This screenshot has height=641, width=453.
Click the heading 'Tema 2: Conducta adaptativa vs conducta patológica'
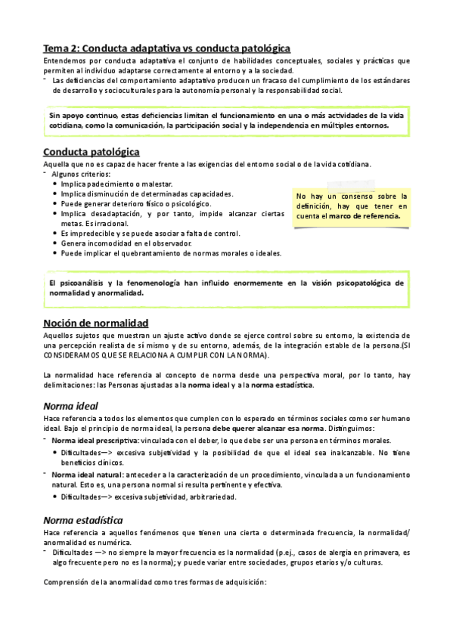pyautogui.click(x=166, y=47)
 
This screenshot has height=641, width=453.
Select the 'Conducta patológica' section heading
pyautogui.click(x=91, y=151)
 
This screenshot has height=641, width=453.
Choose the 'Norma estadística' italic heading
pyautogui.click(x=83, y=520)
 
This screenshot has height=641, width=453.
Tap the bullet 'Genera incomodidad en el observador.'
pyautogui.click(x=126, y=243)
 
